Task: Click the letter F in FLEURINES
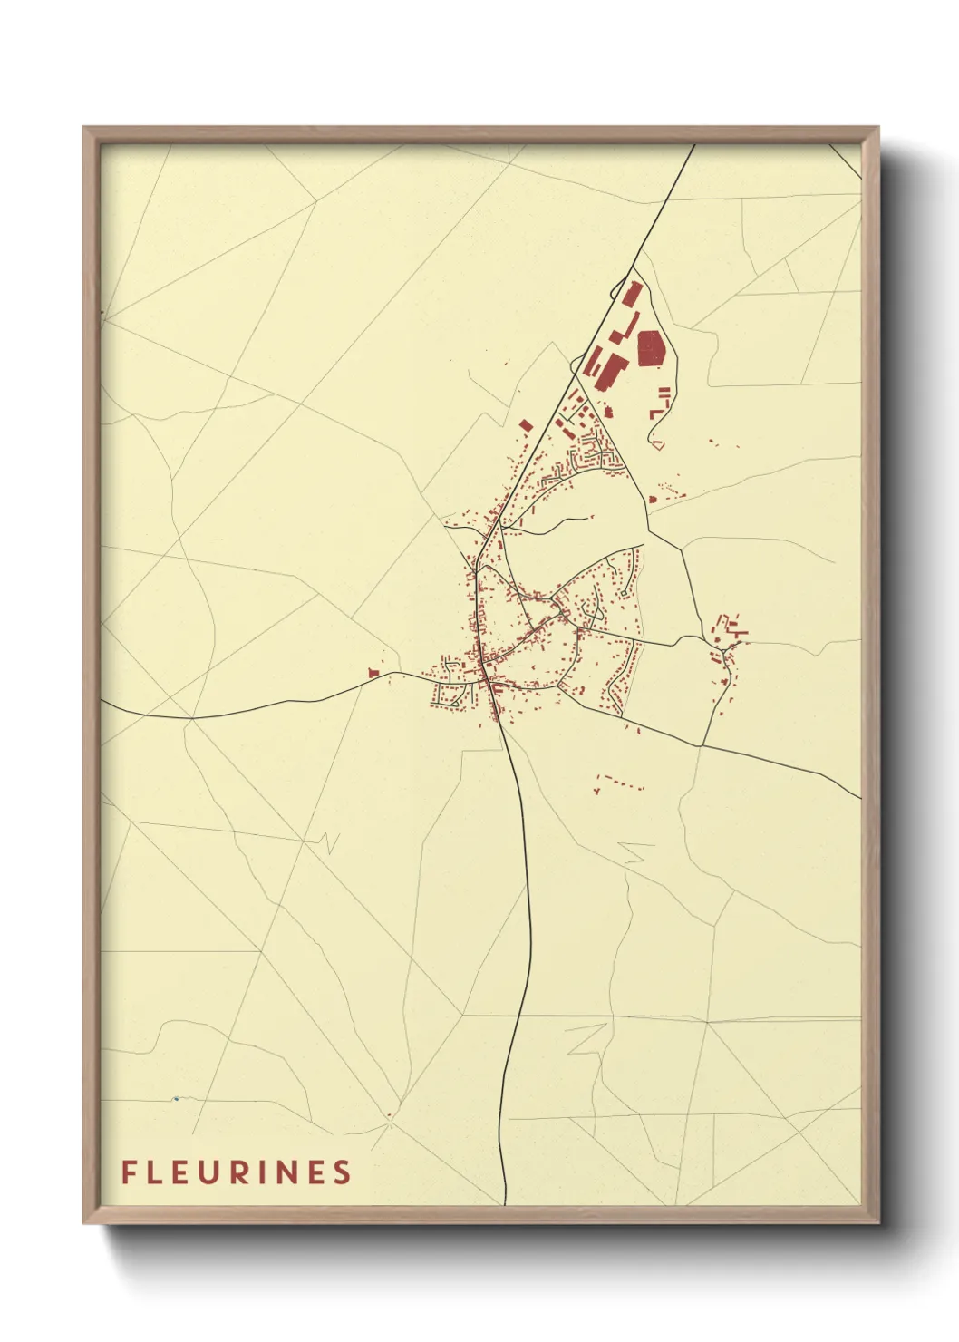pos(129,1172)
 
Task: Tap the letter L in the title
pos(158,1172)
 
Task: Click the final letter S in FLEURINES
pos(342,1172)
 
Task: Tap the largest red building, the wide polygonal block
pos(651,348)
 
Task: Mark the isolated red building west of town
pos(373,672)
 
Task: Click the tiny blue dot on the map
pos(175,1099)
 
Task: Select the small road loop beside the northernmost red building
pos(617,292)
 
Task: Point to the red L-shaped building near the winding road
pos(654,413)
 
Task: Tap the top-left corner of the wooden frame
pos(84,128)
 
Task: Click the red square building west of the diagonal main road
pos(525,424)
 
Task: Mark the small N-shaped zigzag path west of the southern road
pos(328,843)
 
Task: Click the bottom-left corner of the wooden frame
pos(84,1222)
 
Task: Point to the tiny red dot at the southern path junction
pos(389,1115)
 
